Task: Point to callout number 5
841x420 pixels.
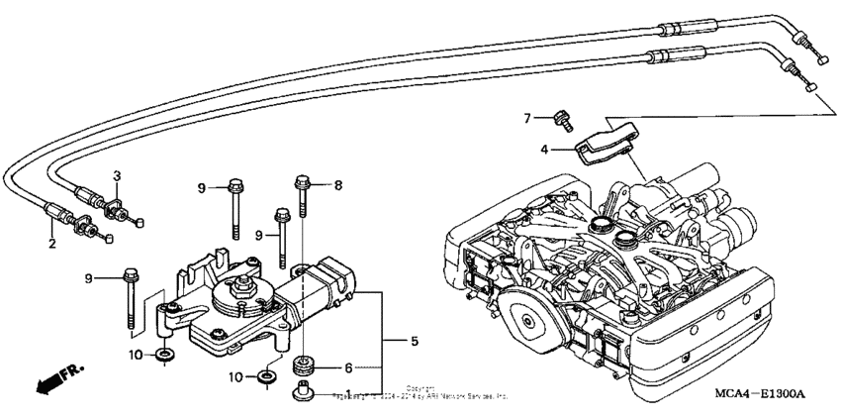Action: (x=414, y=342)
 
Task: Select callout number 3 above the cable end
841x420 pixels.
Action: (x=116, y=175)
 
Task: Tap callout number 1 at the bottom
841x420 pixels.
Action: (x=346, y=394)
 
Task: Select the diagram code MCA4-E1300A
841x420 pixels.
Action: (x=762, y=393)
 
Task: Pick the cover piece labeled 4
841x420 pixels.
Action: (x=607, y=141)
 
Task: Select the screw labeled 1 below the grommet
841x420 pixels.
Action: (x=301, y=395)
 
